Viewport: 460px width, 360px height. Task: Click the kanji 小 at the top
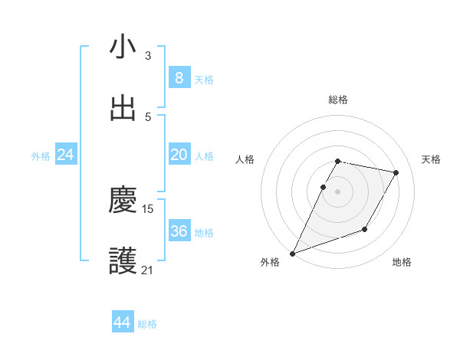[x=123, y=47]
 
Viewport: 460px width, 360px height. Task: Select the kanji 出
[x=123, y=109]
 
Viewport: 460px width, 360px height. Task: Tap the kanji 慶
[x=123, y=201]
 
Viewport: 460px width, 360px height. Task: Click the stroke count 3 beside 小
[x=148, y=55]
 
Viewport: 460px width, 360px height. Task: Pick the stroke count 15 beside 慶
[x=148, y=208]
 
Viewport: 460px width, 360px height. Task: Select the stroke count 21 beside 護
[x=148, y=270]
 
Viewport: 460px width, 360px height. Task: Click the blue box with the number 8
[x=179, y=78]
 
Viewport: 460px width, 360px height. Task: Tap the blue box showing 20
[x=179, y=155]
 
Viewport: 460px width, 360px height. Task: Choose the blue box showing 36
[x=179, y=231]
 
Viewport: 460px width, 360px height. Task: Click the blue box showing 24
[x=65, y=155]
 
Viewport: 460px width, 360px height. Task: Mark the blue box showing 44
[x=122, y=323]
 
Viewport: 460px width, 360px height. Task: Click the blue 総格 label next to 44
[x=147, y=324]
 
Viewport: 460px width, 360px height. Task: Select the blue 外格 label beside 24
[x=41, y=155]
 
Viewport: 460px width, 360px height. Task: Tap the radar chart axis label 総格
[x=338, y=100]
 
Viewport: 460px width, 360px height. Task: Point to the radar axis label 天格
[x=432, y=159]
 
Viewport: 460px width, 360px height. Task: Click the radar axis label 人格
[x=245, y=159]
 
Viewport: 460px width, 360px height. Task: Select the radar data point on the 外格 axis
[x=292, y=253]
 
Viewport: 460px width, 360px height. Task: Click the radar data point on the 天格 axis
[x=396, y=173]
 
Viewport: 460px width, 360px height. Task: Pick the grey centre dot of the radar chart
[x=337, y=191]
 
